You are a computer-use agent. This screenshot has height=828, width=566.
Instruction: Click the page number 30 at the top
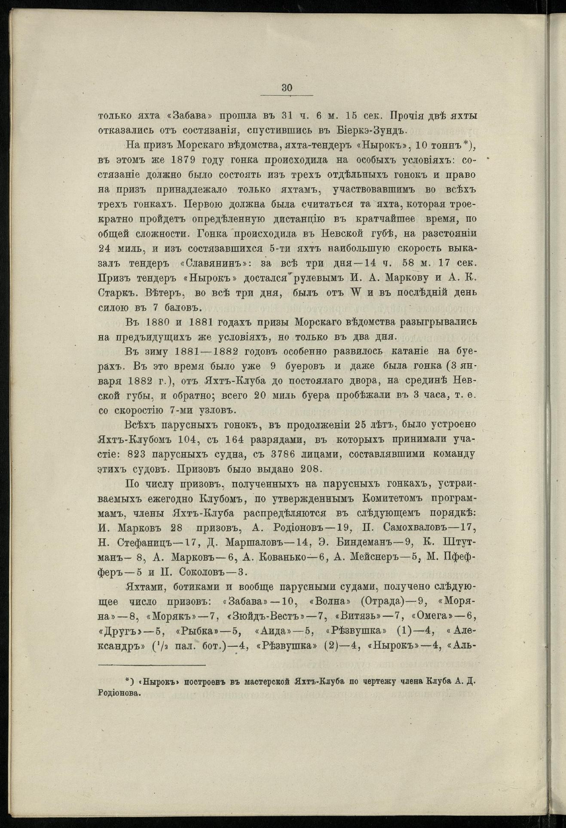pyautogui.click(x=287, y=88)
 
